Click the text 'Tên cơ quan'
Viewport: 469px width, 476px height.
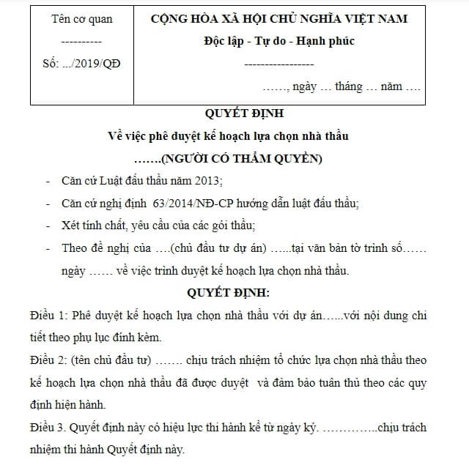(82, 19)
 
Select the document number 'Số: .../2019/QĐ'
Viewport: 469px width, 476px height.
(82, 63)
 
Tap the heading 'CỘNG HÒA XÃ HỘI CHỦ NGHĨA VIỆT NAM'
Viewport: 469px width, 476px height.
(278, 19)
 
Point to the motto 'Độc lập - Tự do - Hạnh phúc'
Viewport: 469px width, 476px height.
(278, 41)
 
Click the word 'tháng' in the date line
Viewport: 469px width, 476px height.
(349, 86)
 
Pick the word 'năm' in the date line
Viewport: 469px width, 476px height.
(391, 86)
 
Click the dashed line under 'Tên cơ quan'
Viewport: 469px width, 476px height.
(82, 42)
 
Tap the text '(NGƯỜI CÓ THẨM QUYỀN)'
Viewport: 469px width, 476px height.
(241, 157)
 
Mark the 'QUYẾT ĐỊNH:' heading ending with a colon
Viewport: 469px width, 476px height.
(229, 293)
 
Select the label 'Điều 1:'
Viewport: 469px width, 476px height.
(48, 316)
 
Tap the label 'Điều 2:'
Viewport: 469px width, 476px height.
(48, 360)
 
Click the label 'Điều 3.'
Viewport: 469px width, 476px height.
(48, 427)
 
